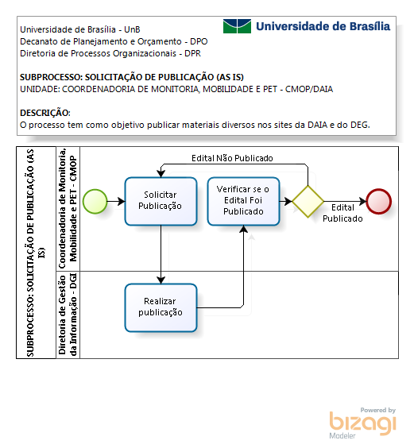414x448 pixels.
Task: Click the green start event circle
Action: (x=95, y=202)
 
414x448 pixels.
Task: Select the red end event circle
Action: (x=379, y=202)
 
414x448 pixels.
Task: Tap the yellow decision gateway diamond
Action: (x=308, y=202)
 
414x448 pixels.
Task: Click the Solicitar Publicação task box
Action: (x=161, y=202)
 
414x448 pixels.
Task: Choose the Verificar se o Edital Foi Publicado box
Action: (x=244, y=202)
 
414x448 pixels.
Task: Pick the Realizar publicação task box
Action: (x=161, y=307)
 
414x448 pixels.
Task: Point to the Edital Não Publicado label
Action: (x=232, y=158)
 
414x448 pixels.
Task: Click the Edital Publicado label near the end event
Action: (x=342, y=213)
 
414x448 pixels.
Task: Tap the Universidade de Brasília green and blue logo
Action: (x=237, y=26)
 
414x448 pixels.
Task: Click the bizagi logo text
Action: (x=362, y=423)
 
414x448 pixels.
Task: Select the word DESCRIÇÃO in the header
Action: (x=44, y=113)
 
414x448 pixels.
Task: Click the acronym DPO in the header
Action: (x=199, y=41)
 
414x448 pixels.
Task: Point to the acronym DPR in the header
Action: (x=192, y=53)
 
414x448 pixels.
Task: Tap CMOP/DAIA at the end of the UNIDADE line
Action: (x=309, y=89)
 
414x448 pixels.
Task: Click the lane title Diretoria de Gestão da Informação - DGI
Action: (x=68, y=315)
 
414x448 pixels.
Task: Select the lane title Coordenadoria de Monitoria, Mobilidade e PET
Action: (x=68, y=209)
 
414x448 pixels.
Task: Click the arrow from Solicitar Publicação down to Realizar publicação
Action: (x=161, y=254)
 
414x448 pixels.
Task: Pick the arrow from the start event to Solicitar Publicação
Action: (x=116, y=202)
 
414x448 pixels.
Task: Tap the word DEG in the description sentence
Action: (x=360, y=125)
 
